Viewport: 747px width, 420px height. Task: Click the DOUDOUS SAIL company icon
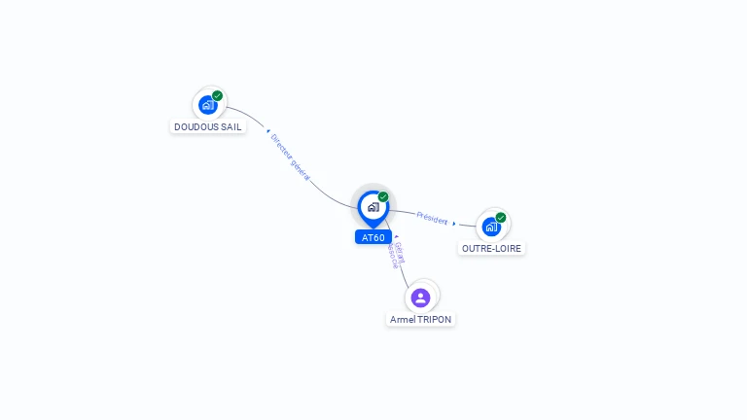click(207, 105)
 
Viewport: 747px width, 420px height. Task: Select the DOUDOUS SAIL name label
click(208, 126)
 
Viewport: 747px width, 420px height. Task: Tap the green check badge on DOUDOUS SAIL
click(218, 95)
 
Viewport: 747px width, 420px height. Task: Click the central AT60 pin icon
click(373, 207)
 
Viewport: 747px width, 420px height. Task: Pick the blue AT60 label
click(373, 237)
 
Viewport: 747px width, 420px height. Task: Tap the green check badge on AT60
click(383, 196)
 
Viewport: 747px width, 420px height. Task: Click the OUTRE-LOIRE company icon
click(491, 227)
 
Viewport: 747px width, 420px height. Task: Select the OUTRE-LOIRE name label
click(491, 248)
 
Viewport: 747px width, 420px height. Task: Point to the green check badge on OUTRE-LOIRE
click(501, 218)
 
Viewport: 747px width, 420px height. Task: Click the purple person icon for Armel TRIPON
click(420, 297)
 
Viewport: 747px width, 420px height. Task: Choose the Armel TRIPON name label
click(420, 319)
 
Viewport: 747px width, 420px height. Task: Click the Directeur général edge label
click(291, 157)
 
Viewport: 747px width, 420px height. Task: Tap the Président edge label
click(432, 219)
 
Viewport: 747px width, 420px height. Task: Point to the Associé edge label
click(391, 257)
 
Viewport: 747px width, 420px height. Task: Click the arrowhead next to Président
click(454, 224)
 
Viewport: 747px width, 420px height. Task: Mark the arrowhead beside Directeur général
click(267, 129)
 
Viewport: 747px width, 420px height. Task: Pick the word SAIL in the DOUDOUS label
click(231, 126)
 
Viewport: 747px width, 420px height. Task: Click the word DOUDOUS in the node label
click(196, 126)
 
